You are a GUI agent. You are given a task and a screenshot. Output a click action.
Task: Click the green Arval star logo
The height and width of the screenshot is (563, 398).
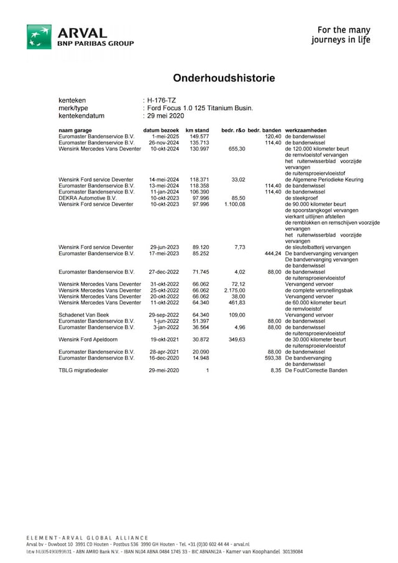39,37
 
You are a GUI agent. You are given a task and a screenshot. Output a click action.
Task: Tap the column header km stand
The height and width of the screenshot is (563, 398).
197,130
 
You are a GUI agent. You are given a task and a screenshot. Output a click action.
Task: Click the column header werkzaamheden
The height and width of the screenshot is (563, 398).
306,130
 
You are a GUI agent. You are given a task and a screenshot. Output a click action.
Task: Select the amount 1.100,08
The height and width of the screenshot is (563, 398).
233,204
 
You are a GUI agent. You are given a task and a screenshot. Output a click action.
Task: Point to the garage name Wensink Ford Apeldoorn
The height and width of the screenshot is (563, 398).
88,340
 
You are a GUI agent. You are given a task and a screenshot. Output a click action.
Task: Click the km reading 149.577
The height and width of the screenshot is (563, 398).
199,136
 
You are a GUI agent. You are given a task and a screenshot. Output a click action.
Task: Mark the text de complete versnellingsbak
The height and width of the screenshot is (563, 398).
319,290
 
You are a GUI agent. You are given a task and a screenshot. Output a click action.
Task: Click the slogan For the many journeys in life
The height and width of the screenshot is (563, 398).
343,35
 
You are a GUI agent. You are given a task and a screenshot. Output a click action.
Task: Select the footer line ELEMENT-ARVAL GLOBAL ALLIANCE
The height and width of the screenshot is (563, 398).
87,537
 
